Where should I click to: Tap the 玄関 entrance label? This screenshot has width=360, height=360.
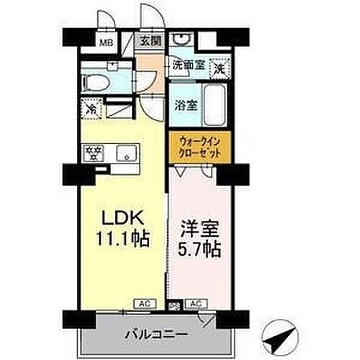click(149, 40)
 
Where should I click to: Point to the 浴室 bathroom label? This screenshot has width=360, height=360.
click(186, 105)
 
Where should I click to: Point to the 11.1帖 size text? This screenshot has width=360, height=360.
click(120, 238)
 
